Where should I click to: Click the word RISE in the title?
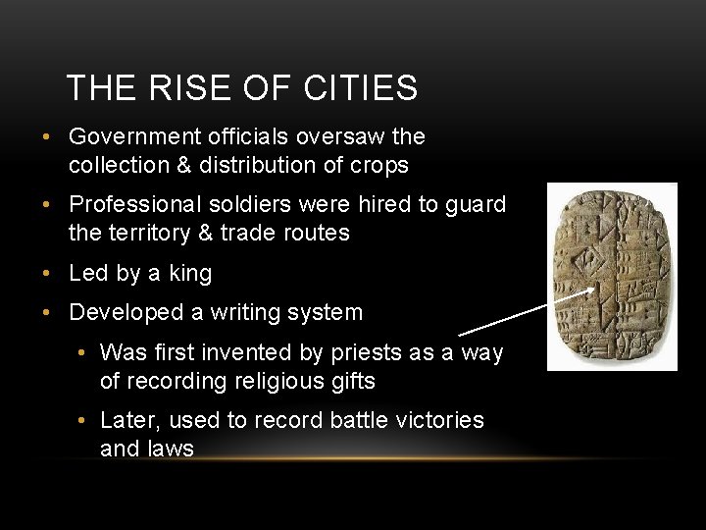[181, 88]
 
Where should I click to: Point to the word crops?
[378, 166]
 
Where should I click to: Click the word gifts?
[350, 380]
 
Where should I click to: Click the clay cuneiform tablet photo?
[611, 277]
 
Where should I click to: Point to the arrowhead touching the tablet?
[592, 291]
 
